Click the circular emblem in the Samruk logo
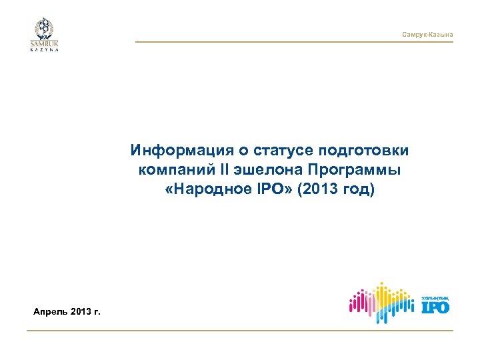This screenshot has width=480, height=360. point(44,29)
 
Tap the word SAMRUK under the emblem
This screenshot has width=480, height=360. point(44,45)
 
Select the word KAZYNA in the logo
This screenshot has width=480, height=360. point(44,51)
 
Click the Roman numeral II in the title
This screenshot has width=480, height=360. point(213,169)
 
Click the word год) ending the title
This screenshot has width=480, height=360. point(360,190)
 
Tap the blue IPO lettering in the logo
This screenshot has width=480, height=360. point(435,307)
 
